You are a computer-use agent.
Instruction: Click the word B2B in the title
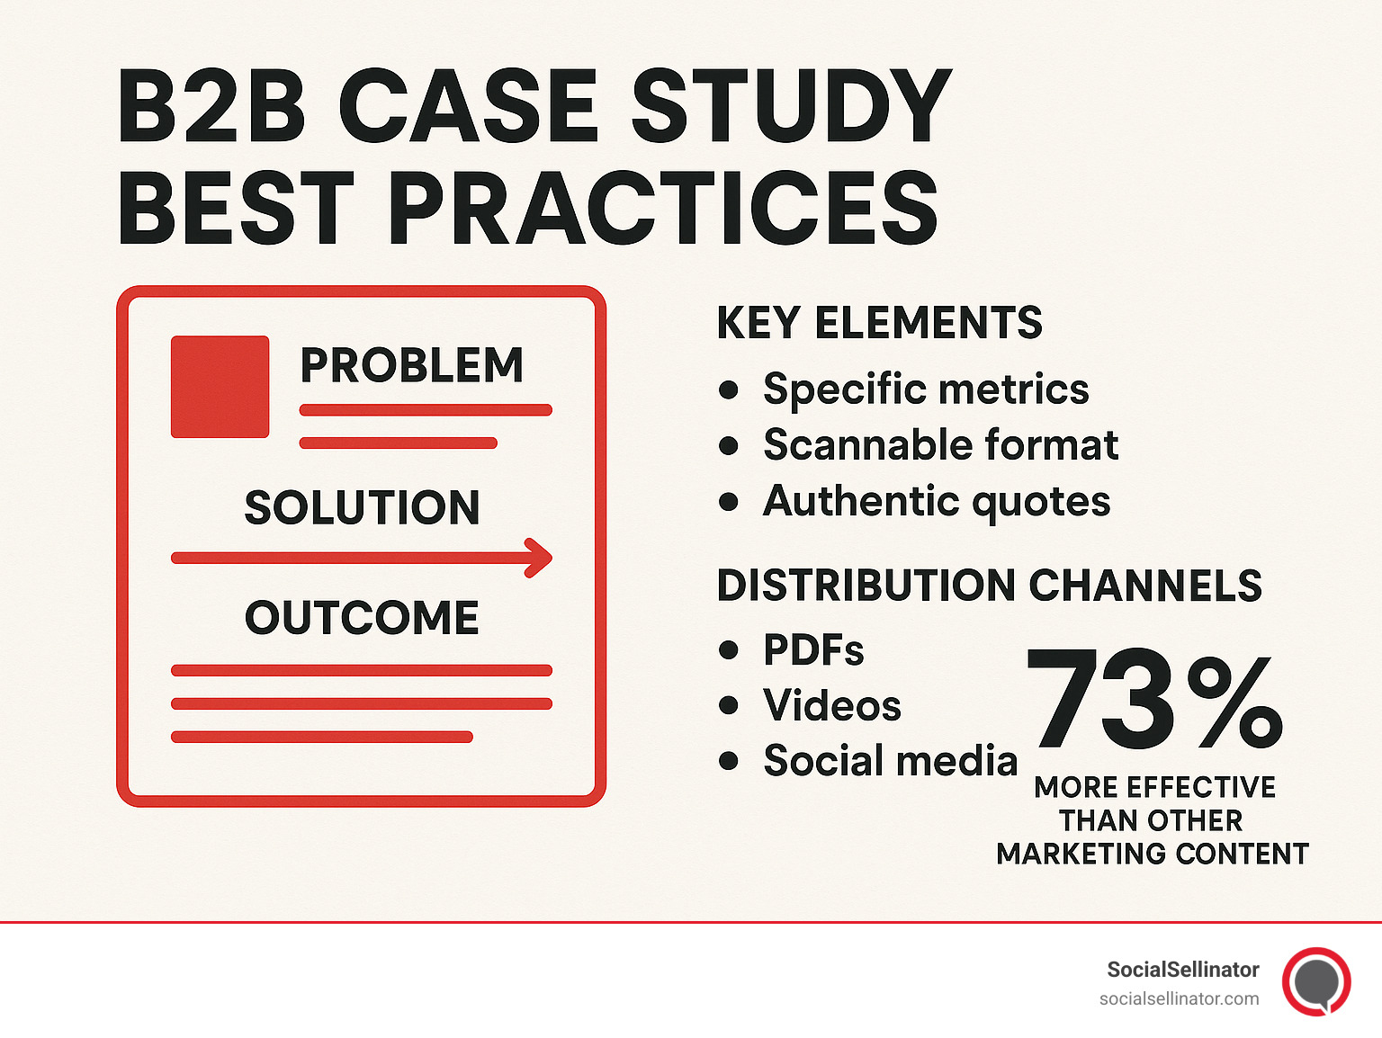(x=211, y=107)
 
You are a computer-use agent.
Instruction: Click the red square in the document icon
(x=220, y=387)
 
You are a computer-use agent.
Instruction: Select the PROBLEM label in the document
(x=411, y=365)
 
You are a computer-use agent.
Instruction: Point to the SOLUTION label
(x=362, y=507)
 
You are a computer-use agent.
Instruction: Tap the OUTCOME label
(x=362, y=618)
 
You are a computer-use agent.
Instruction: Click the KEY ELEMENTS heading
(x=879, y=323)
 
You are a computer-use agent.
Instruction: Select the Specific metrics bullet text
(x=926, y=389)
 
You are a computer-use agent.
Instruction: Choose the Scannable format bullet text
(x=940, y=444)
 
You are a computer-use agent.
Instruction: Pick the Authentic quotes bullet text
(x=937, y=501)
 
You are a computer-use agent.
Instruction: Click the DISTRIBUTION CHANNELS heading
(x=989, y=586)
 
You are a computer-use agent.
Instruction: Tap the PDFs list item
(x=813, y=649)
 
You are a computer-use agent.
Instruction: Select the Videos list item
(x=832, y=705)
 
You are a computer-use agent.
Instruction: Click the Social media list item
(x=890, y=761)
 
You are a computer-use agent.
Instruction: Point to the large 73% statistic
(x=1154, y=701)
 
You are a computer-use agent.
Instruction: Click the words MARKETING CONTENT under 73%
(x=1153, y=854)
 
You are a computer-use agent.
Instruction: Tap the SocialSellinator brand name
(x=1182, y=970)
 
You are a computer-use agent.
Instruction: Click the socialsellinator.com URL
(x=1179, y=998)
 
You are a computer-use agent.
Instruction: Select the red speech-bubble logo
(x=1316, y=981)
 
